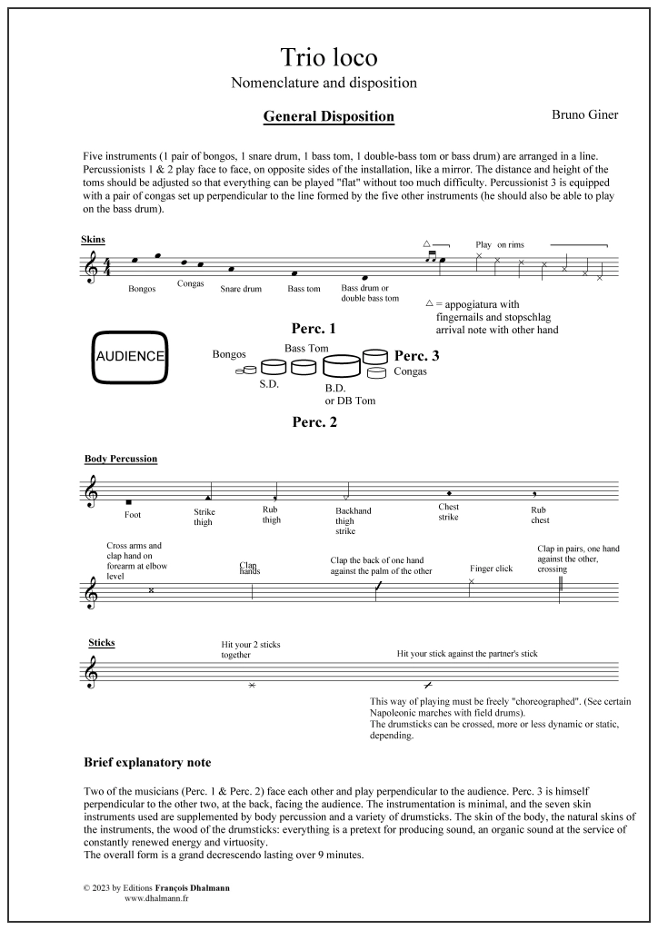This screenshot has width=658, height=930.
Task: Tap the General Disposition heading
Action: pyautogui.click(x=328, y=116)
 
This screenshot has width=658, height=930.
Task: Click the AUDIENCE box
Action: pyautogui.click(x=130, y=356)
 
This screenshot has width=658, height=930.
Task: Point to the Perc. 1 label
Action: pyautogui.click(x=314, y=328)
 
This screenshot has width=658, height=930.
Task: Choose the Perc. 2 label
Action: pyautogui.click(x=314, y=421)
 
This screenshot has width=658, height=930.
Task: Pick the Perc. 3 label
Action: pyautogui.click(x=417, y=355)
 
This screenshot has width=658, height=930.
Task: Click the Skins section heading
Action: pyautogui.click(x=93, y=240)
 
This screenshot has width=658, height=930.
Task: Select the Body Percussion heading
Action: pyautogui.click(x=121, y=459)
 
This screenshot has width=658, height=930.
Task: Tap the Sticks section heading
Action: pyautogui.click(x=102, y=643)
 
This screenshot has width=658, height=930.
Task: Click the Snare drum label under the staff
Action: pyautogui.click(x=241, y=290)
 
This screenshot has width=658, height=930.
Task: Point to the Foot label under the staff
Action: pyautogui.click(x=133, y=515)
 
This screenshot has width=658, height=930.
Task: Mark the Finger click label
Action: pyautogui.click(x=492, y=569)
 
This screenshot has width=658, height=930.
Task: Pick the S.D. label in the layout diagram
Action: pyautogui.click(x=269, y=384)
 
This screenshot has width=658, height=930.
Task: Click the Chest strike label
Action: pyautogui.click(x=448, y=511)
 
